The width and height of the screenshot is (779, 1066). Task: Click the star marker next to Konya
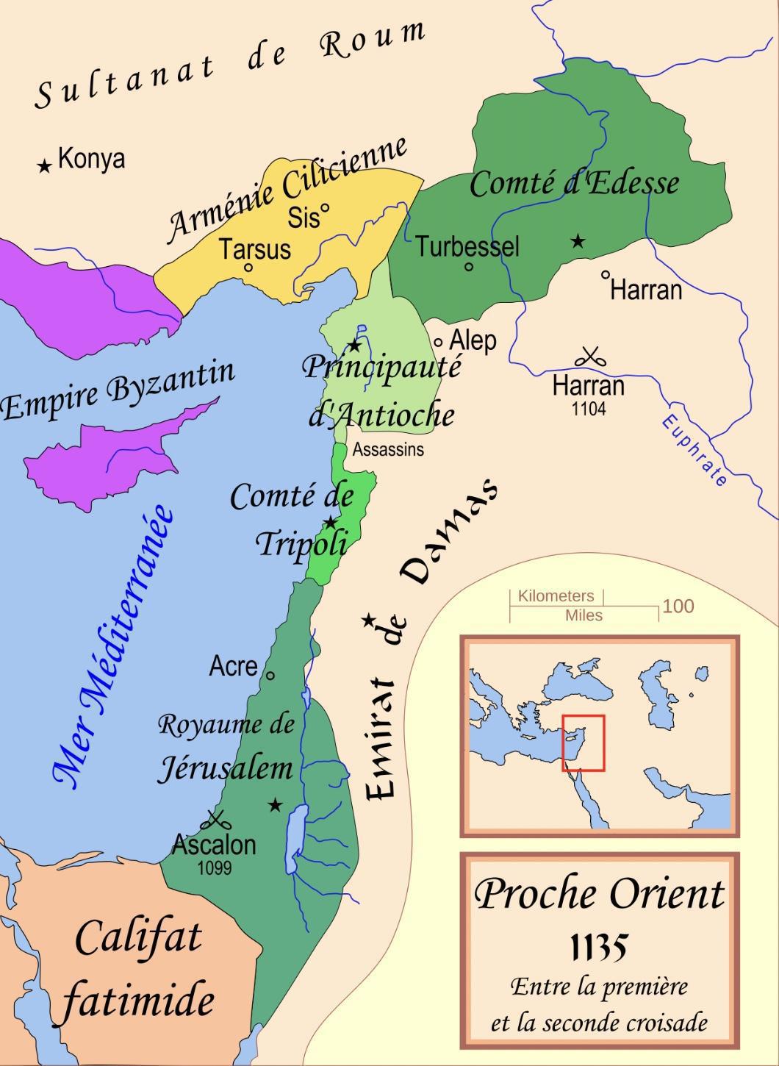pos(45,166)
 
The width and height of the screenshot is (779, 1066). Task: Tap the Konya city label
pos(92,158)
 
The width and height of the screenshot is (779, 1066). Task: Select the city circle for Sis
pos(325,207)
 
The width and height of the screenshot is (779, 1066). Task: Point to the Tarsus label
pos(255,248)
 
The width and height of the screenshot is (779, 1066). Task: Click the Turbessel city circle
pos(469,267)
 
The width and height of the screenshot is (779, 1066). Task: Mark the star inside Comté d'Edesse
pos(578,240)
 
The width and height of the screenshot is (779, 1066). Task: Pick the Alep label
pos(473,340)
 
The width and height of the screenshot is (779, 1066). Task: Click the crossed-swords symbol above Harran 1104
pos(589,358)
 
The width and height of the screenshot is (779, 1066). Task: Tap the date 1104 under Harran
pos(589,409)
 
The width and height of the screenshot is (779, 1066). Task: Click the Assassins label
pos(388,449)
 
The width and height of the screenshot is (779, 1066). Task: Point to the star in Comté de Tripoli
pos(331,522)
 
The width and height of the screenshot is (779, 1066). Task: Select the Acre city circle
pos(270,675)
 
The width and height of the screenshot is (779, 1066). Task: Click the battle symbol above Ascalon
pos(215,818)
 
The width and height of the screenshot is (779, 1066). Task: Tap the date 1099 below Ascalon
pos(215,868)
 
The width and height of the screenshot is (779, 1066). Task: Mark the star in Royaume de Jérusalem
pos(275,805)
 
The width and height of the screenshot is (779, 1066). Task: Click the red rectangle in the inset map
pos(584,743)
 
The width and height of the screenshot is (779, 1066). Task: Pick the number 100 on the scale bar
pos(678,606)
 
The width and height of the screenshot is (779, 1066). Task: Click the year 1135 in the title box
pos(599,948)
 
